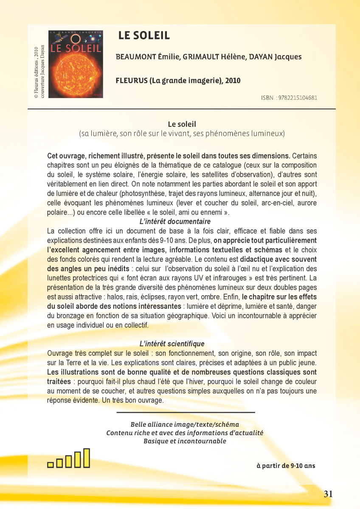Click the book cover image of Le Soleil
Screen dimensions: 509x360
tap(76, 64)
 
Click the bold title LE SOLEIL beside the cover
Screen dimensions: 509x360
tap(144, 36)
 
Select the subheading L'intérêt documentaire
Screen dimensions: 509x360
tap(175, 222)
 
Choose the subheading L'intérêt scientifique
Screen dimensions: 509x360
tap(172, 344)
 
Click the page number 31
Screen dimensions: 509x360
tap(328, 494)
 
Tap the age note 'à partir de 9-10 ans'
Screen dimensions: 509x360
tap(286, 466)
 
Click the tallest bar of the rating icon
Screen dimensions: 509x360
tap(87, 458)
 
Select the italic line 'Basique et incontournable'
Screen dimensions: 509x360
tap(185, 441)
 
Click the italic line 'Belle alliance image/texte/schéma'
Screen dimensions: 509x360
tap(185, 425)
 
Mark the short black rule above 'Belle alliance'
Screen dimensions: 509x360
tap(186, 412)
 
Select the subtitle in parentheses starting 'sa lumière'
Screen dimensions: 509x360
tap(182, 134)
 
